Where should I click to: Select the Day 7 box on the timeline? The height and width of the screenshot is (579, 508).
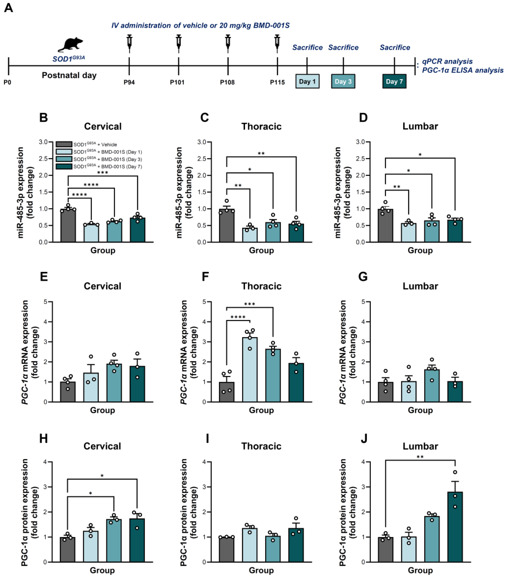pyautogui.click(x=394, y=82)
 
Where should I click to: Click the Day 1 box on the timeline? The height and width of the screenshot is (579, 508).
pyautogui.click(x=307, y=82)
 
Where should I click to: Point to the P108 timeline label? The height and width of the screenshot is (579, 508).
pyautogui.click(x=227, y=82)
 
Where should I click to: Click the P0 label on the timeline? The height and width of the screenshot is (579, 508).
pyautogui.click(x=7, y=82)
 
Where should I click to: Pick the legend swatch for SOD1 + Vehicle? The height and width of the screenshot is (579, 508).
pyautogui.click(x=64, y=144)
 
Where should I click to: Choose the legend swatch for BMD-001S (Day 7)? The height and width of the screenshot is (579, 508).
pyautogui.click(x=64, y=166)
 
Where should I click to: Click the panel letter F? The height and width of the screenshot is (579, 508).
pyautogui.click(x=205, y=277)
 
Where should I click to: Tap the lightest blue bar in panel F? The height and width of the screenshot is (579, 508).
pyautogui.click(x=250, y=370)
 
